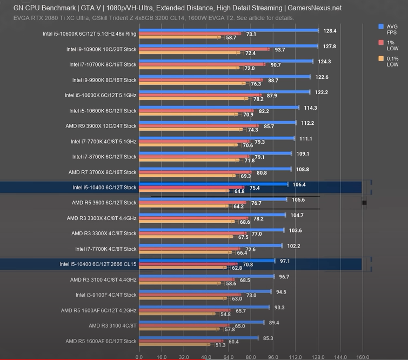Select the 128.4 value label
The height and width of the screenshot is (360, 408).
point(330,31)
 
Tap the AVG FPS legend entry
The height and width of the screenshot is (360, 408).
point(391,29)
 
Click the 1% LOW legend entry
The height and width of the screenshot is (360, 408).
point(391,45)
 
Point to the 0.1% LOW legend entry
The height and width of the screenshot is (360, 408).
point(391,61)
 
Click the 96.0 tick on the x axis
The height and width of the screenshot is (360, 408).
point(273,357)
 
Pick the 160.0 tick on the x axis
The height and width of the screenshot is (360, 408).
point(362,357)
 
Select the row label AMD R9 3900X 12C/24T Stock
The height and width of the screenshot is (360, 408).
point(101,126)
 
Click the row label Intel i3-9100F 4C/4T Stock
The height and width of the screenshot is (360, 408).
point(106,295)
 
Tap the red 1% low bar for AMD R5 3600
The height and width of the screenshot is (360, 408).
point(192,203)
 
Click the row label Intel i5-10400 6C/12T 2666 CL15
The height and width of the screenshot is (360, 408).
point(98,264)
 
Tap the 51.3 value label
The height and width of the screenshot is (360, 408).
point(220,345)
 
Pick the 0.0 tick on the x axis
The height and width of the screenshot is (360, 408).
point(139,357)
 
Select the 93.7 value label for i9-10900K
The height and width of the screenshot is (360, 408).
point(280,50)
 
